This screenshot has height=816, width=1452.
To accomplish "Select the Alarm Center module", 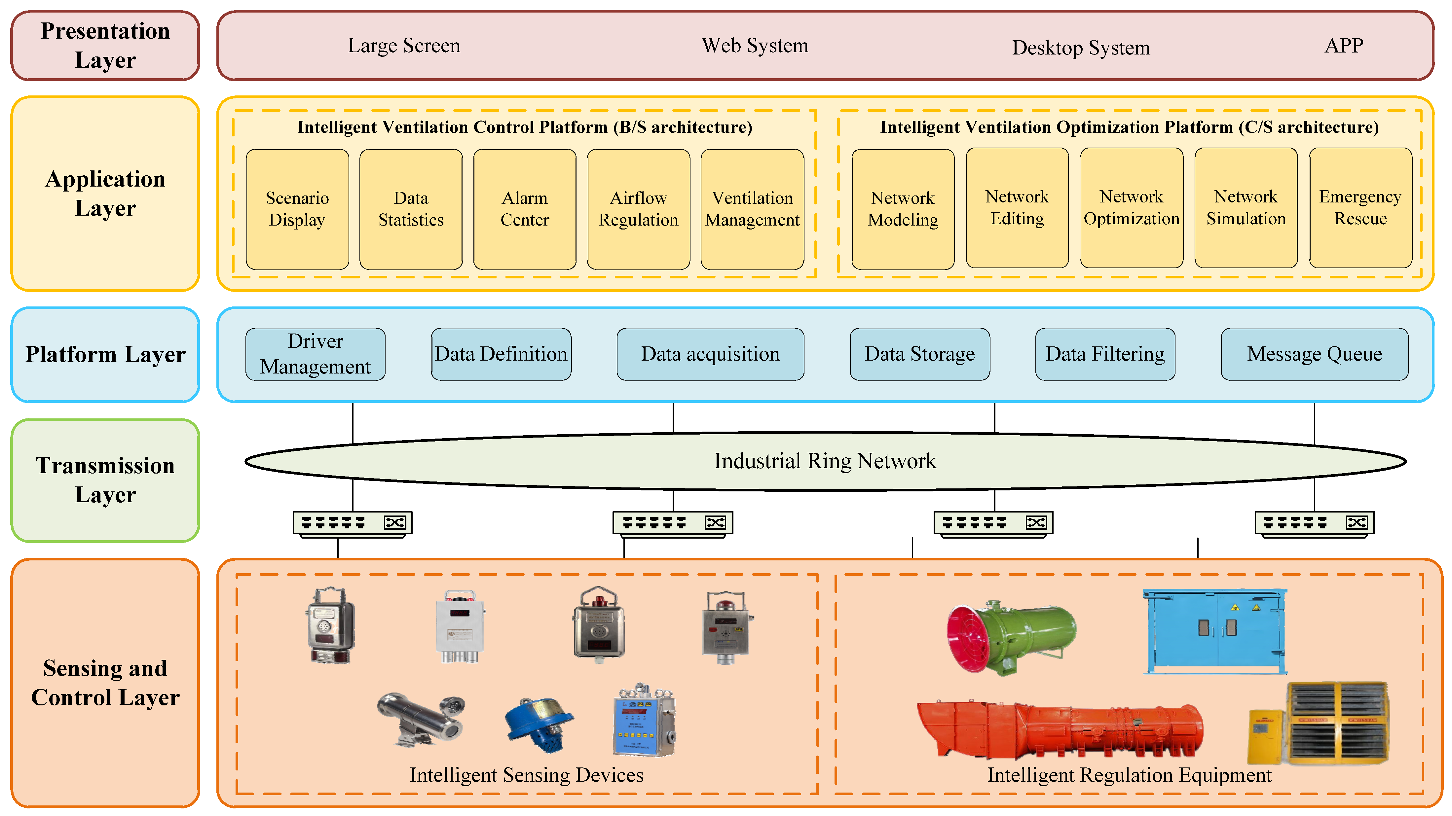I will click(524, 209).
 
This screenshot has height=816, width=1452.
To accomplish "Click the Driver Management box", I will click(315, 354).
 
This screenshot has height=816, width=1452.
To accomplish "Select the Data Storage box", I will click(919, 354).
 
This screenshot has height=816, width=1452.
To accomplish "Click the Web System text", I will click(755, 46).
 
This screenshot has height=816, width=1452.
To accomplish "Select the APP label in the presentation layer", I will click(1344, 46).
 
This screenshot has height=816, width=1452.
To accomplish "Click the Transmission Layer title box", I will click(105, 480).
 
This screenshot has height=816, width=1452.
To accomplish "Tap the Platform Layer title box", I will click(105, 354).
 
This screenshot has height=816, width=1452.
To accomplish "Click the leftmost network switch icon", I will click(352, 523).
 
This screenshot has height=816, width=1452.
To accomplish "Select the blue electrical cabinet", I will click(1215, 631).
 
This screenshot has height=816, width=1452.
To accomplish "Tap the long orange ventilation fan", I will click(1060, 730).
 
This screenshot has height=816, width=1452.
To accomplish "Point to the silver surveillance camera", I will click(422, 719).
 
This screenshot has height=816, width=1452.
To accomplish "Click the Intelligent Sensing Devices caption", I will click(527, 775).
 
